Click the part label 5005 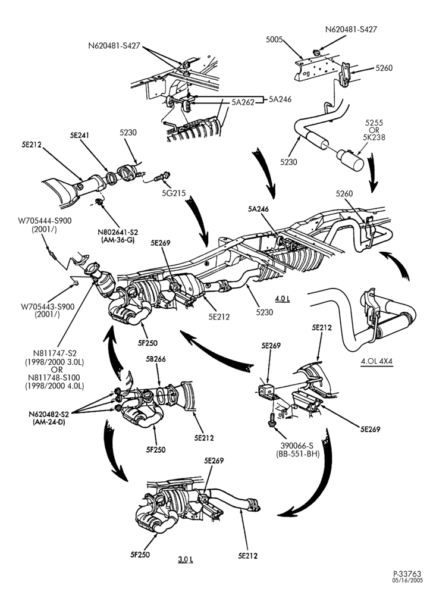point(274,39)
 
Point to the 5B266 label point(156,359)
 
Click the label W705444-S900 point(45,221)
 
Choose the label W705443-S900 point(48,306)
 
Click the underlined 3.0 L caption point(186,559)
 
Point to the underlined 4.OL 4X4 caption point(376,361)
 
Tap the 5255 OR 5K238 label point(375,130)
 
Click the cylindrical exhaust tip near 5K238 point(350,160)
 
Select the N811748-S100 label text point(57,378)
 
